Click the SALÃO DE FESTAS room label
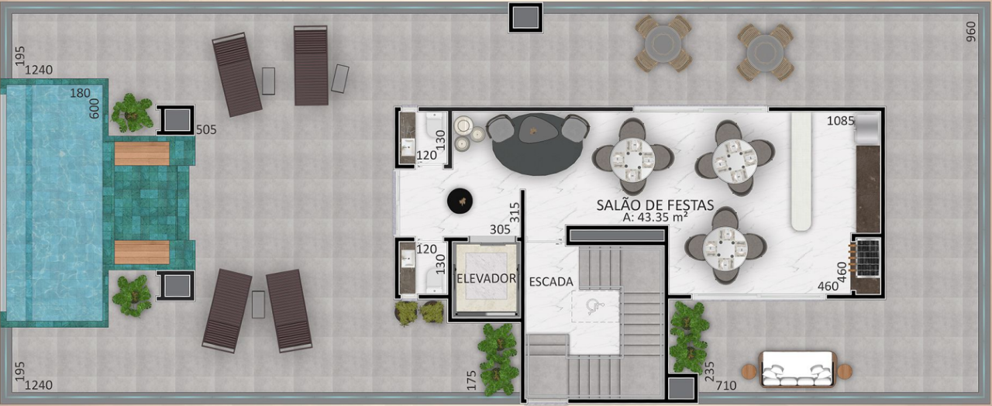(655, 205)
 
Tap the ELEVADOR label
(486, 278)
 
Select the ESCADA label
(551, 281)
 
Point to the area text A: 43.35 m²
(655, 217)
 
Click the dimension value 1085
(841, 120)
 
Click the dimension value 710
(726, 386)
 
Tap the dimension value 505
(206, 129)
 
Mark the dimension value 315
(514, 212)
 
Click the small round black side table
(460, 201)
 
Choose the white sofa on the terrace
(797, 370)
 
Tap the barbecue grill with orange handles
(866, 257)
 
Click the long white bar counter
(801, 171)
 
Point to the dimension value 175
(472, 380)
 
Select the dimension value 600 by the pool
(95, 108)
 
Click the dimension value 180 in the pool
(80, 93)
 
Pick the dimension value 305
(500, 229)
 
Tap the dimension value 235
(709, 371)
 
